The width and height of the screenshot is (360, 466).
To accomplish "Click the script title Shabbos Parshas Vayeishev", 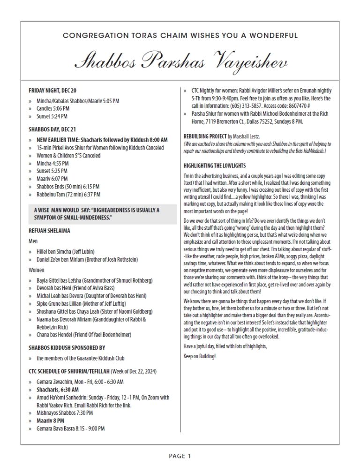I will point(180,61).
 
